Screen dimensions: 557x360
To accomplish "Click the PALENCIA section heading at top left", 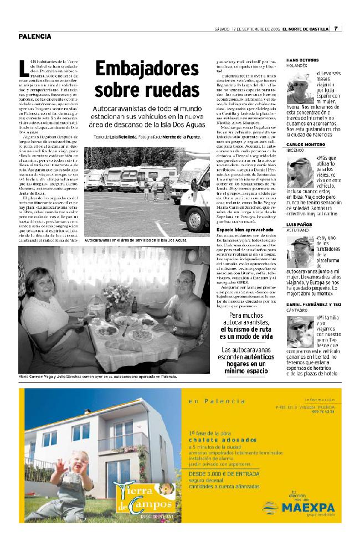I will click(34, 37).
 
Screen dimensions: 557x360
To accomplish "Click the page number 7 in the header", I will click(337, 29).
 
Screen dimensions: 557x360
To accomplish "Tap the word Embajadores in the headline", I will click(146, 69).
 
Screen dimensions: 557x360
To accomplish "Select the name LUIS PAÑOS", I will click(299, 224).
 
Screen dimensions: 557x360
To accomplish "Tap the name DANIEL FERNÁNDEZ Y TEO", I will click(313, 305).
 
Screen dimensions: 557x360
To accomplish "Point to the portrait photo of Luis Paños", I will click(300, 252).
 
